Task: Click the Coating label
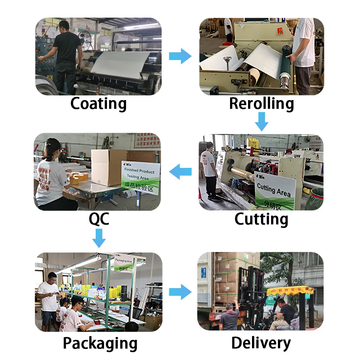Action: pos(98,104)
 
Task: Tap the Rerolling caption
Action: pos(261,104)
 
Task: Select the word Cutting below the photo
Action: pos(261,219)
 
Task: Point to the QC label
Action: pos(99,219)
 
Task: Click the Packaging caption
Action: pos(100,343)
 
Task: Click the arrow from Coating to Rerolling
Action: pos(180,56)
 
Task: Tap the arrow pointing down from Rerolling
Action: pos(262,122)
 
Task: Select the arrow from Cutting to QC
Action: pos(180,172)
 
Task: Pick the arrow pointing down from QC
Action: pos(99,238)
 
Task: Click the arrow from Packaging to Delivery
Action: pos(180,292)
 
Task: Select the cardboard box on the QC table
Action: pos(108,167)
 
